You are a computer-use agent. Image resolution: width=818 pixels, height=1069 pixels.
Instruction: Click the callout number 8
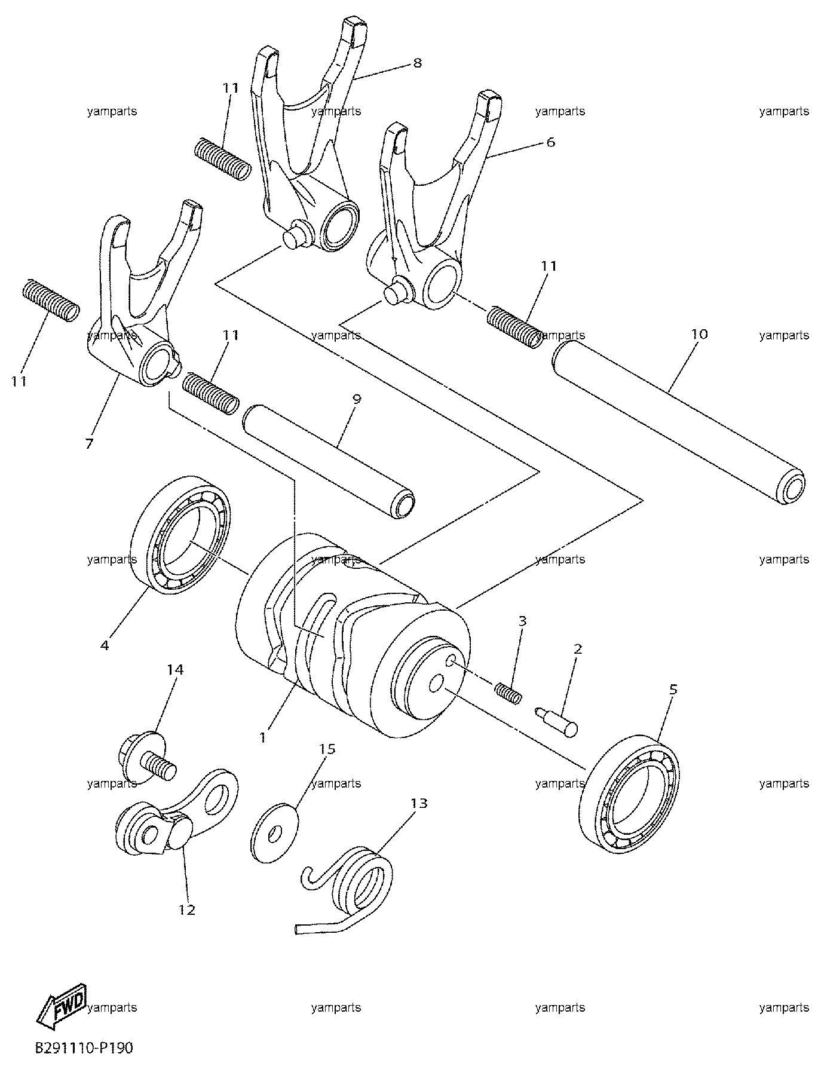pyautogui.click(x=417, y=63)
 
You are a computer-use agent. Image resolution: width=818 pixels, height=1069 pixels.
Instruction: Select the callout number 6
pyautogui.click(x=550, y=142)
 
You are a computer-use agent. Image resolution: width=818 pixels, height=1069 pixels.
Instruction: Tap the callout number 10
pyautogui.click(x=699, y=334)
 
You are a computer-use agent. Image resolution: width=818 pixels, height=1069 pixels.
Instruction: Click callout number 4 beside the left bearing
pyautogui.click(x=105, y=645)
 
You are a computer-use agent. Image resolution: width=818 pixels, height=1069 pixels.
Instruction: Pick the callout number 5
pyautogui.click(x=673, y=690)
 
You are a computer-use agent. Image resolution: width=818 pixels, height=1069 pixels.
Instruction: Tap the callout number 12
pyautogui.click(x=186, y=909)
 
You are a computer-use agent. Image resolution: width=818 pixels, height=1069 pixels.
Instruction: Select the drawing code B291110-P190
pyautogui.click(x=84, y=1048)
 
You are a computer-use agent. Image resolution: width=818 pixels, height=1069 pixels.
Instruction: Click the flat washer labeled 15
pyautogui.click(x=276, y=834)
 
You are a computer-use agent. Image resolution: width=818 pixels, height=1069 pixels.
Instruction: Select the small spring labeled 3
pyautogui.click(x=508, y=691)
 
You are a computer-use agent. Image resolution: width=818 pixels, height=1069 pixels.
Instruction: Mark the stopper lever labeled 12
pyautogui.click(x=177, y=816)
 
